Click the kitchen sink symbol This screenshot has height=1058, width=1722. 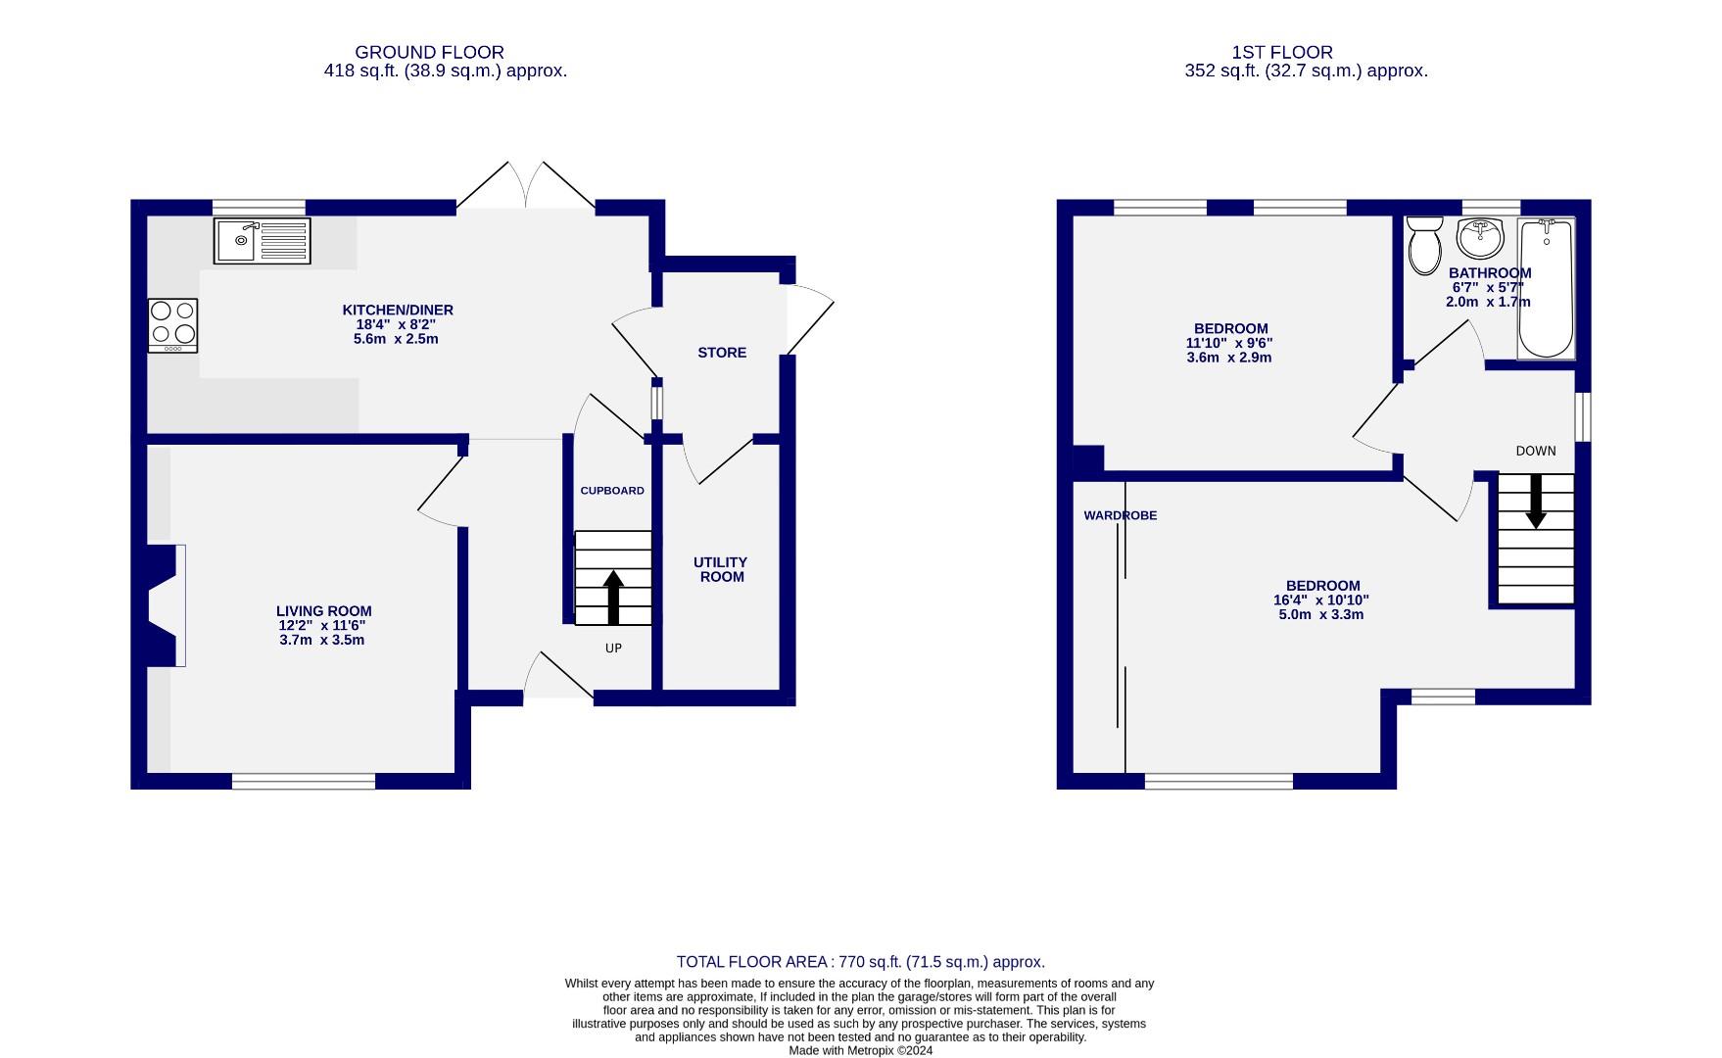[x=262, y=241]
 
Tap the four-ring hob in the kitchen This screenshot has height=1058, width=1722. [x=172, y=325]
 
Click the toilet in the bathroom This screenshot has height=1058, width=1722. [x=1423, y=246]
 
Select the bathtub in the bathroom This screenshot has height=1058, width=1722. [x=1546, y=289]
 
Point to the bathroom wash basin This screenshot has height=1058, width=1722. [x=1479, y=236]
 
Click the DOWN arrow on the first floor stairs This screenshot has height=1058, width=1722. [x=1535, y=501]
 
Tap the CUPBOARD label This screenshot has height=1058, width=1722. [x=612, y=491]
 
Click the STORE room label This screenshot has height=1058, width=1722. [x=722, y=353]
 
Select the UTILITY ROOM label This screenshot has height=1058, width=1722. [x=720, y=569]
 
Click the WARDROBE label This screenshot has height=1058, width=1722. [x=1120, y=515]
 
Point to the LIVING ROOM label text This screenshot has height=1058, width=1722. [x=323, y=611]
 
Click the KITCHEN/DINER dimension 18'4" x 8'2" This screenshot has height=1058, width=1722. [x=397, y=324]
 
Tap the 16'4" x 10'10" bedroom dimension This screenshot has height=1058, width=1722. [x=1320, y=601]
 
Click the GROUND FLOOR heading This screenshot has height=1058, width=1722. [x=429, y=53]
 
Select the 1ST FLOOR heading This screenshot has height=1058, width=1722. [x=1282, y=53]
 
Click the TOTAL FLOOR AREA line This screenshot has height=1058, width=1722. [x=860, y=962]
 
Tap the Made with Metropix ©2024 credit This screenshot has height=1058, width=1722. [x=860, y=1051]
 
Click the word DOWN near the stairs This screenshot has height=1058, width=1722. [x=1535, y=452]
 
